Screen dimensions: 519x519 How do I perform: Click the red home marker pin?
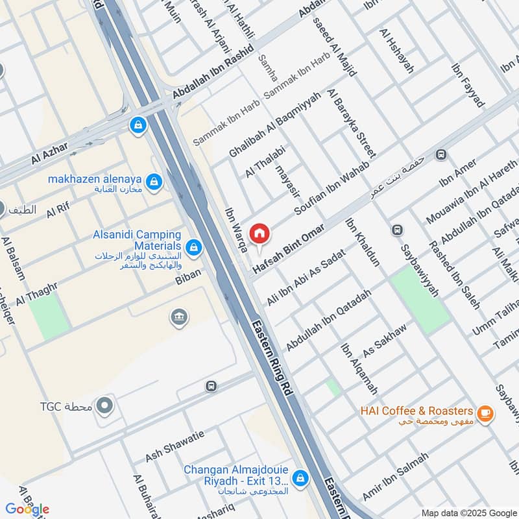(x=259, y=234)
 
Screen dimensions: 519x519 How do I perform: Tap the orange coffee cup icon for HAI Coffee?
(x=484, y=412)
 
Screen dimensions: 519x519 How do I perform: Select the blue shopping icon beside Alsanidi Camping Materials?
(x=193, y=247)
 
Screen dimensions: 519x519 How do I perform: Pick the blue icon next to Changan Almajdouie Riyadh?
(x=299, y=478)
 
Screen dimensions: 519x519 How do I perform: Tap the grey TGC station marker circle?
(x=104, y=407)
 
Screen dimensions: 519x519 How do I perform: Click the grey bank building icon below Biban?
(x=178, y=317)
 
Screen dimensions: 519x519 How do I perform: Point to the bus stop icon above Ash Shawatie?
(x=210, y=387)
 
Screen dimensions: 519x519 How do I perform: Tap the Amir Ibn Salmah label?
(x=396, y=476)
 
